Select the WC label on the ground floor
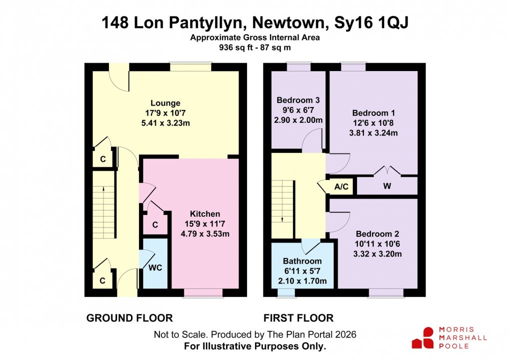155,267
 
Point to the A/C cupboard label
341,187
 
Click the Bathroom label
302,261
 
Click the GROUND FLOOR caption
129,318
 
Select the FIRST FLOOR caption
298,318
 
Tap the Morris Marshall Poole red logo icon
422,337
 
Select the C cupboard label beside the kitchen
155,225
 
